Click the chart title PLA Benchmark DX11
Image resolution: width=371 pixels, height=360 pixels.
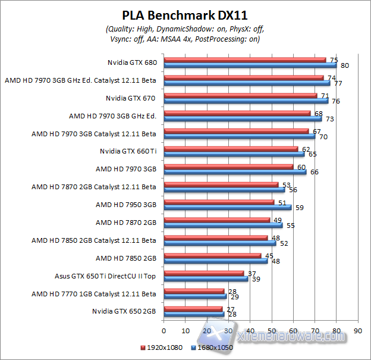[185, 15]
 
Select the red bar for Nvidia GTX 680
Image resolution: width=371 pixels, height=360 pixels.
[244, 60]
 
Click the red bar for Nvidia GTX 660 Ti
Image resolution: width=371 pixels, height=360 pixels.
[230, 149]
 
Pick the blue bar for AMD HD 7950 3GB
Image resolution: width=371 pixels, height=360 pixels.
[227, 208]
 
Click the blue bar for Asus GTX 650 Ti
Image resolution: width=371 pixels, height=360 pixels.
[206, 278]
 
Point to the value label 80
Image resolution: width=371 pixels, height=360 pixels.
[344, 65]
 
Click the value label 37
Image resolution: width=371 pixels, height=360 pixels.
[251, 273]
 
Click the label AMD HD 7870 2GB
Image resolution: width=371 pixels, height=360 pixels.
[126, 223]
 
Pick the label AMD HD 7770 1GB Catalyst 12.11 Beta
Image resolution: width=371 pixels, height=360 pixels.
[94, 293]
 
